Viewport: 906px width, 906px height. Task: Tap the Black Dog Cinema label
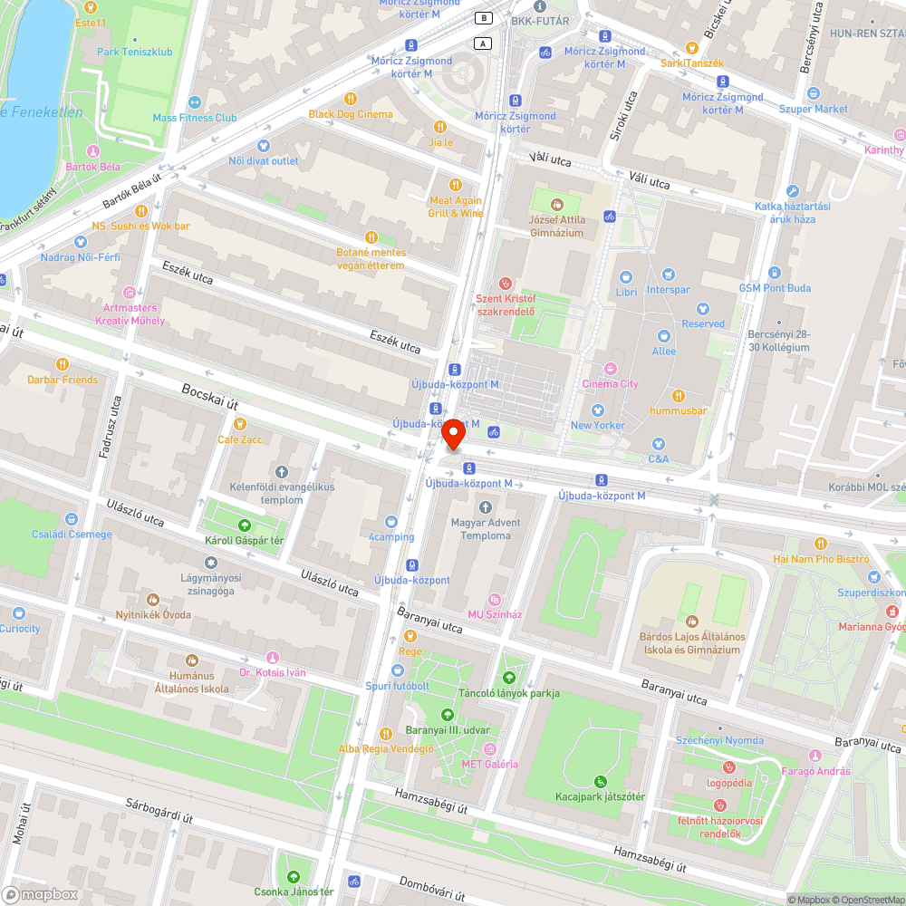(351, 114)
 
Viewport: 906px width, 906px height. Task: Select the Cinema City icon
(610, 369)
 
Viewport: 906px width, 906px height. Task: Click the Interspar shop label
(668, 290)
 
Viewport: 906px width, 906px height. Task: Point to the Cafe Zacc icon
(239, 424)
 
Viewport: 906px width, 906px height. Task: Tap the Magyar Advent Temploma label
(486, 529)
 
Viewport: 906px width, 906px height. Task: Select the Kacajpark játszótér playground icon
(599, 781)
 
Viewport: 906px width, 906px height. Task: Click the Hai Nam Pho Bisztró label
(821, 559)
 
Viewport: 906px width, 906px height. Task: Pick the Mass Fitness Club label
(194, 118)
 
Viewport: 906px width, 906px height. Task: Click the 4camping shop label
(390, 536)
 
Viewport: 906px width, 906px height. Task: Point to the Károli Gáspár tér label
(244, 541)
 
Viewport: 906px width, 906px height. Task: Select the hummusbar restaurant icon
(679, 396)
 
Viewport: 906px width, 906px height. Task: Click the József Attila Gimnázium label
(556, 226)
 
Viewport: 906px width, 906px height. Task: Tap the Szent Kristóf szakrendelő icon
(506, 283)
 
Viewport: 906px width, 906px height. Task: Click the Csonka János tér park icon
(294, 877)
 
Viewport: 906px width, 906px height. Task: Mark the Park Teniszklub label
(134, 52)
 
